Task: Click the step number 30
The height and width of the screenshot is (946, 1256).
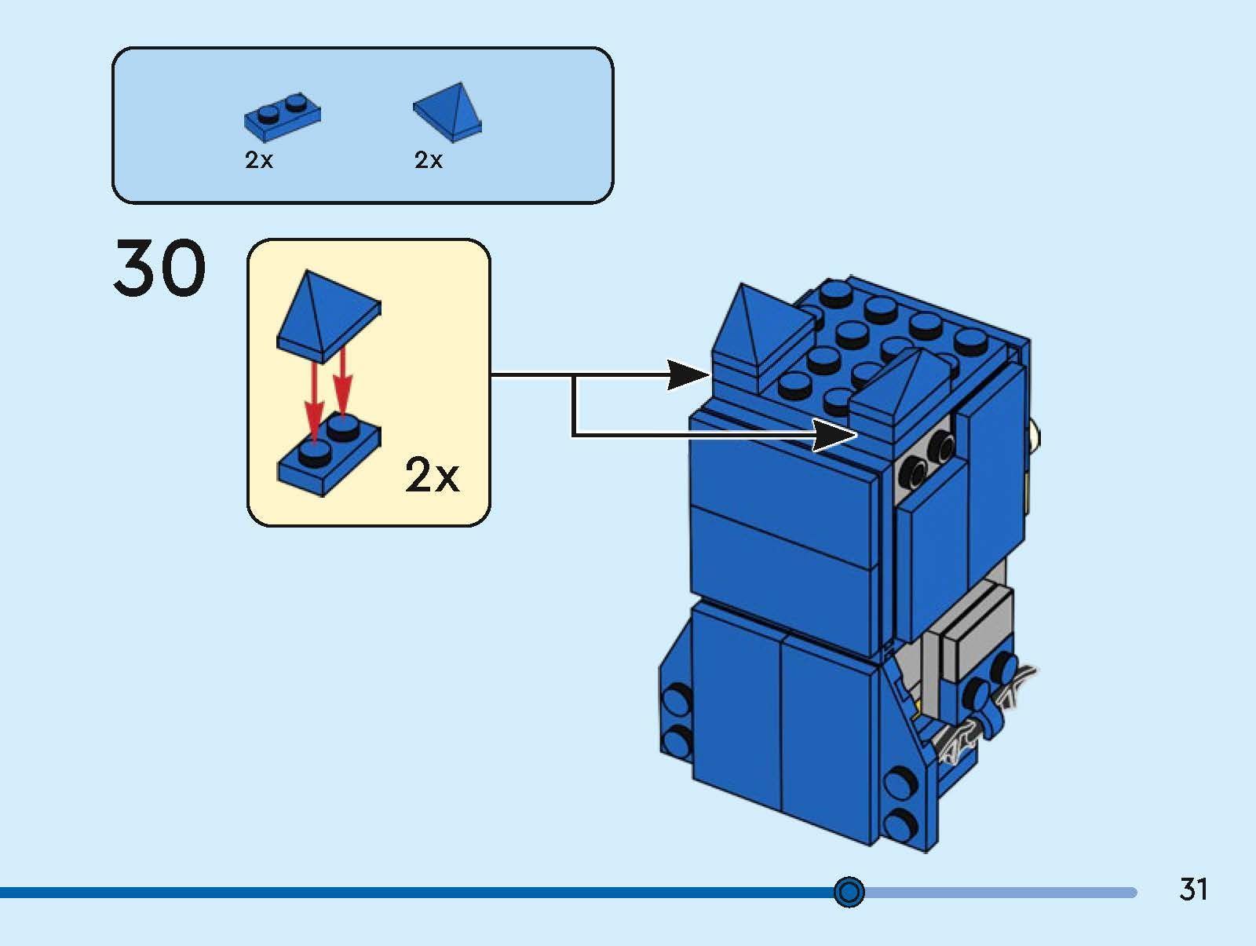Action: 160,268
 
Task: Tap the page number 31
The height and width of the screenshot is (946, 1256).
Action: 1193,889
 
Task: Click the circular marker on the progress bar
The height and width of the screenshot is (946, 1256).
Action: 849,892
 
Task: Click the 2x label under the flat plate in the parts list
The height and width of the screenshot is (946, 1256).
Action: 259,160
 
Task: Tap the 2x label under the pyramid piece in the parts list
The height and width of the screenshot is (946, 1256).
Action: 429,160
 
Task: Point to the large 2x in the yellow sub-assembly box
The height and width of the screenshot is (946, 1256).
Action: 432,475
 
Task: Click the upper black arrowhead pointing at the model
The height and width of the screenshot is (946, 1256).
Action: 688,374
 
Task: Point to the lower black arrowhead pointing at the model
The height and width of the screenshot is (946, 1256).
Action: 834,434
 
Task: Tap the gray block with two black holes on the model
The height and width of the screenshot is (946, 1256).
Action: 928,459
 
